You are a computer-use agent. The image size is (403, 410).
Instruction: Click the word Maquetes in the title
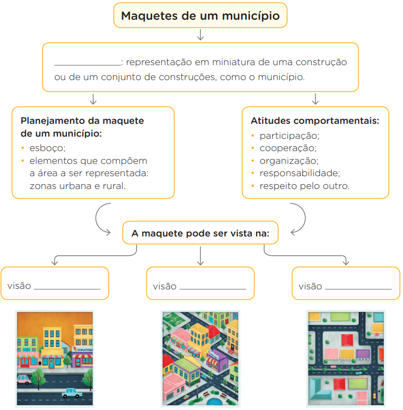(149, 16)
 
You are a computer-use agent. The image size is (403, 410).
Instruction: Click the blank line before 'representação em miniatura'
(88, 65)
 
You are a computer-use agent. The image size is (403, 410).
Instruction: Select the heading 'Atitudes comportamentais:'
(315, 121)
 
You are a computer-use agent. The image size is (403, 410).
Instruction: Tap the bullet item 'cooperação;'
(288, 148)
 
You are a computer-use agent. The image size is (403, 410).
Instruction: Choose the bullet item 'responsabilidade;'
(299, 173)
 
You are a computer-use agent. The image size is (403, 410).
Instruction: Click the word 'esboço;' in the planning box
(48, 148)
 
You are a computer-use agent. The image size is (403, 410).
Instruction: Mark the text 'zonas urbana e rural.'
(78, 186)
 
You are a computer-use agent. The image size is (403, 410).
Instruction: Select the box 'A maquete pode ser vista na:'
(200, 233)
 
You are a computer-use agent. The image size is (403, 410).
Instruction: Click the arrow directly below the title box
(200, 35)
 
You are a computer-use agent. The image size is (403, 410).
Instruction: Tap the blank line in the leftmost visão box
(67, 289)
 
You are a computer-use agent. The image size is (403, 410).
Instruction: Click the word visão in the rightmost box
(310, 286)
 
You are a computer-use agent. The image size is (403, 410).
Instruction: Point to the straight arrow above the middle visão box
(200, 256)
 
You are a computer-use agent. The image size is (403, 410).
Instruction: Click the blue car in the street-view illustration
(72, 393)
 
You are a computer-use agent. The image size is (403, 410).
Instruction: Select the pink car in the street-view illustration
(24, 380)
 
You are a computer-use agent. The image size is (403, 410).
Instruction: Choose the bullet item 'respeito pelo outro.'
(304, 186)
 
